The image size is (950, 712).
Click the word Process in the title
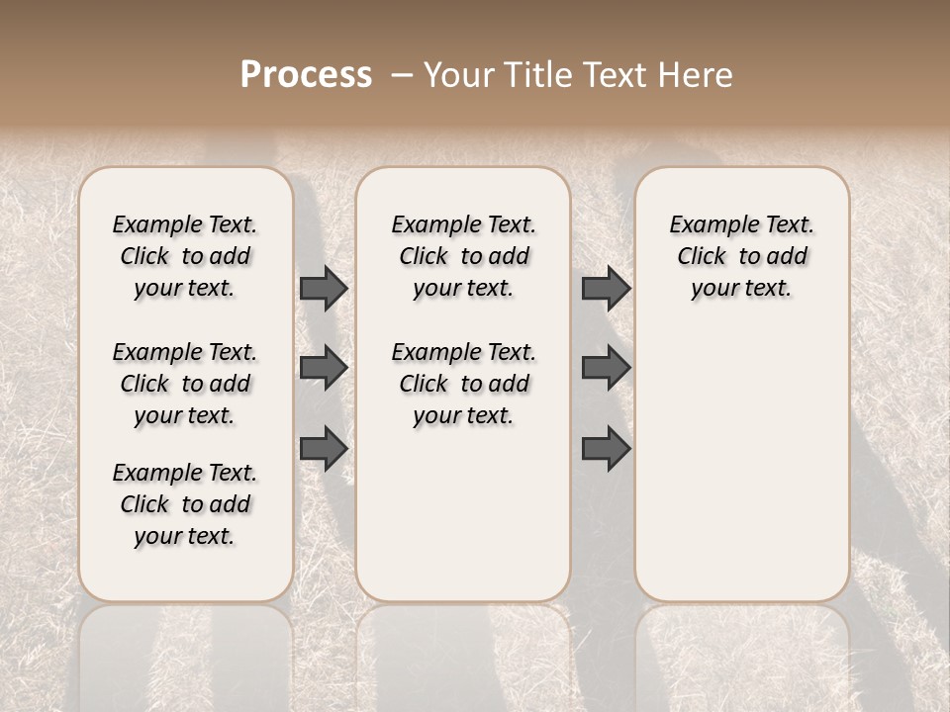tap(306, 75)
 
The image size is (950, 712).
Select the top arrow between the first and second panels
tap(323, 288)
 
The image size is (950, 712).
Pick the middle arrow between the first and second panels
tap(323, 368)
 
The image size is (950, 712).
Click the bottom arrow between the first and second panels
tap(323, 448)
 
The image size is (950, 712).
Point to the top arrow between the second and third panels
tap(606, 288)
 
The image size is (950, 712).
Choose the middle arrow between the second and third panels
tap(606, 368)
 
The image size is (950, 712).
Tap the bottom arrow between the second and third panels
tap(606, 448)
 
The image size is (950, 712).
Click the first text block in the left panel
tap(185, 256)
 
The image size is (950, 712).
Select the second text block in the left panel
tap(185, 384)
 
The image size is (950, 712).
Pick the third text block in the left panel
tap(185, 504)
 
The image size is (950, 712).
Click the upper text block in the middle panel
tap(463, 256)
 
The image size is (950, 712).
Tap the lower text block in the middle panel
tap(463, 384)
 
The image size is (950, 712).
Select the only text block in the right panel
tap(741, 256)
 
